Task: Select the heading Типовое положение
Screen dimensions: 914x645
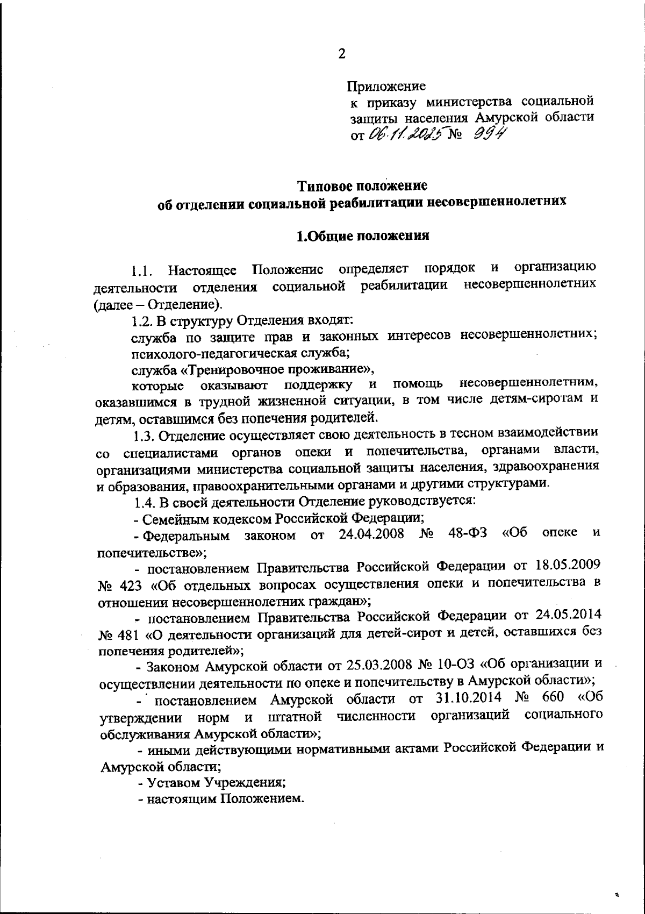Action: pyautogui.click(x=363, y=186)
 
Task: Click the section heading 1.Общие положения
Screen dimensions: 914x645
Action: pyautogui.click(x=363, y=236)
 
